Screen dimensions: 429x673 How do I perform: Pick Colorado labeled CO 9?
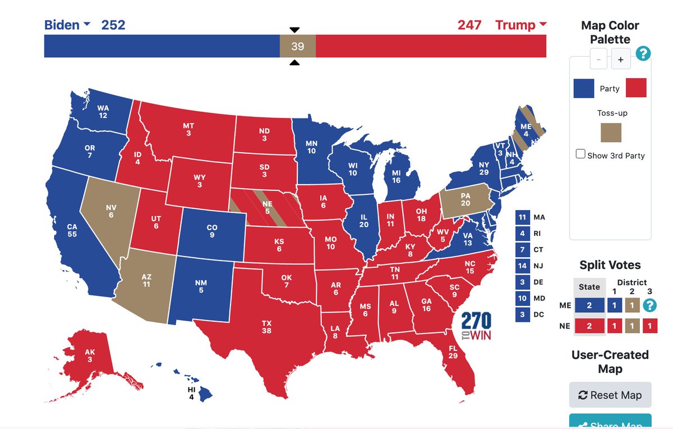(211, 231)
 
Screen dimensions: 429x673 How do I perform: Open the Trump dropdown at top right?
(520, 25)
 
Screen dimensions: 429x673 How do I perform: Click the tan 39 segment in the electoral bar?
(297, 46)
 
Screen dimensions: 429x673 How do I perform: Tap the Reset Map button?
(610, 395)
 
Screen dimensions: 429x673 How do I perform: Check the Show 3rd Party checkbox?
(581, 154)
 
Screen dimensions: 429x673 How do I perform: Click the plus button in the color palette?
(621, 59)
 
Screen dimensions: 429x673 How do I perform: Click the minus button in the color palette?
(598, 59)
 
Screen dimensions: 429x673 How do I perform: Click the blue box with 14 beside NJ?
(522, 266)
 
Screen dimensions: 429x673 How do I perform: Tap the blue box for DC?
(522, 314)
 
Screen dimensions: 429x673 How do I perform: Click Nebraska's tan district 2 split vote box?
(631, 326)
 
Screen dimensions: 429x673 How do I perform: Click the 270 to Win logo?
(477, 326)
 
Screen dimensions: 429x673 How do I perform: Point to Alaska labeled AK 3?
(90, 355)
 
